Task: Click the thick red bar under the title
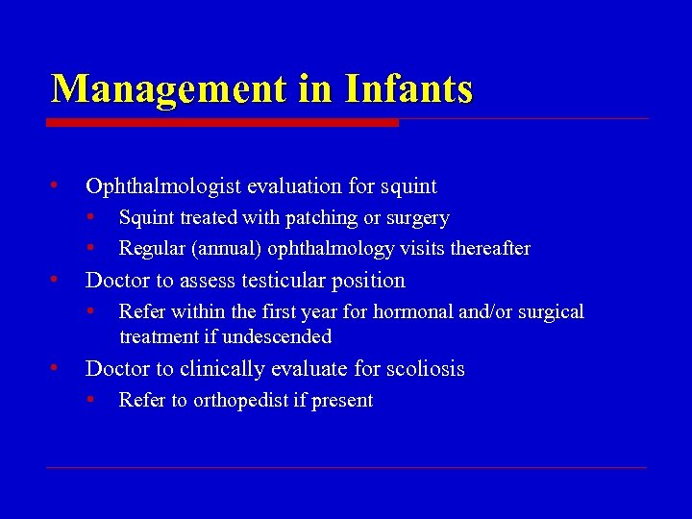click(x=222, y=123)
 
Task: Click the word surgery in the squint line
click(x=416, y=219)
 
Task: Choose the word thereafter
click(x=485, y=249)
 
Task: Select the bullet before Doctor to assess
click(x=57, y=279)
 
